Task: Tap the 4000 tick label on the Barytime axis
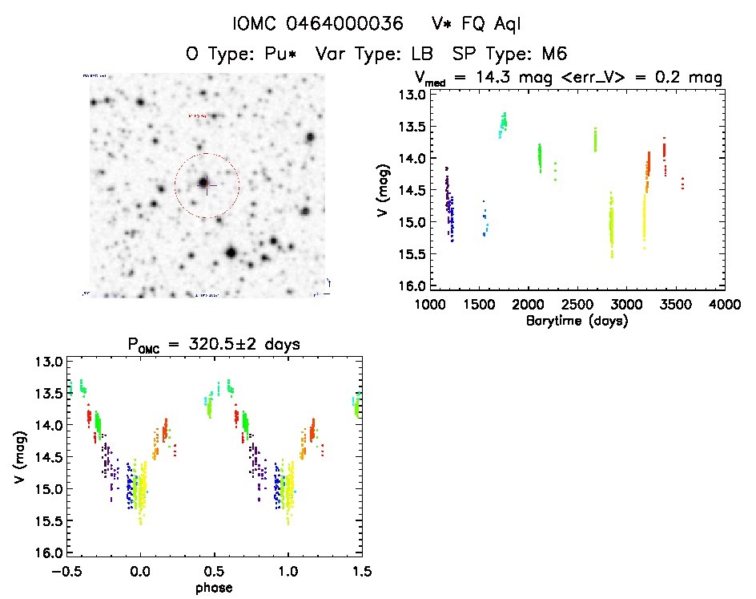pyautogui.click(x=725, y=305)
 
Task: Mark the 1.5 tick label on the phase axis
pyautogui.click(x=362, y=572)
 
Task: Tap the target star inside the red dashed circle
pyautogui.click(x=205, y=183)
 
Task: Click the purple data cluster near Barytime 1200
pyautogui.click(x=450, y=204)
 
